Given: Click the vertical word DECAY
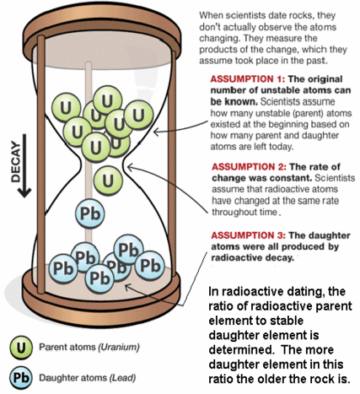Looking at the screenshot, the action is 15,161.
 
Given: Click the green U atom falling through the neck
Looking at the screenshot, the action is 108,181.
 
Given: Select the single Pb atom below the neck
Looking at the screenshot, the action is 90,213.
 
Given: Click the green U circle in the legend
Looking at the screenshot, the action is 20,348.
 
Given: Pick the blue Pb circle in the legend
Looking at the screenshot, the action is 20,378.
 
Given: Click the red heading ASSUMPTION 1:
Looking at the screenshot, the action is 247,79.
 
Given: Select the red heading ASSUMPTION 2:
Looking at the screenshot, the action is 249,167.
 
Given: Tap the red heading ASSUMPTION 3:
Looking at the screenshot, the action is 249,235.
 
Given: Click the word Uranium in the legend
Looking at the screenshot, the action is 119,347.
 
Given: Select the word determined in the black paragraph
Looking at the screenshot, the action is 241,349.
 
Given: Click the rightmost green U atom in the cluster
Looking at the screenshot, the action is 138,115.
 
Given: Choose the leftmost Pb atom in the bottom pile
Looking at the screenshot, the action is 63,268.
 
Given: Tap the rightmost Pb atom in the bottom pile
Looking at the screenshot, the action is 150,265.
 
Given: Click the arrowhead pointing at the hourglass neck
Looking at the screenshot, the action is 130,168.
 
